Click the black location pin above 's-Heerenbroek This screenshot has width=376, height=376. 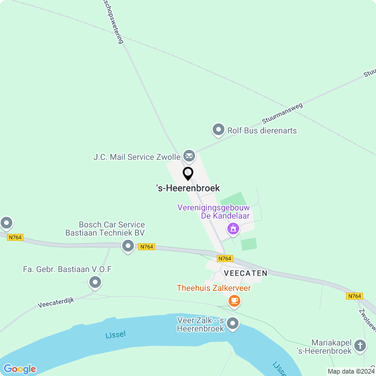click(x=188, y=173)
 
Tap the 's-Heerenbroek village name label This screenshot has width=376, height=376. click(x=188, y=188)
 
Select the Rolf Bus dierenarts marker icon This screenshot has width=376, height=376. click(x=219, y=130)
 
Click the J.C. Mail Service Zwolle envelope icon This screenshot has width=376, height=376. click(x=189, y=156)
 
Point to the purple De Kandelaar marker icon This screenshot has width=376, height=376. click(x=233, y=229)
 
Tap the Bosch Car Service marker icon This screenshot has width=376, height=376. click(x=128, y=247)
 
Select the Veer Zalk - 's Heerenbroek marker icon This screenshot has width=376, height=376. click(x=233, y=324)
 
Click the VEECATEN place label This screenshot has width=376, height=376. click(x=246, y=273)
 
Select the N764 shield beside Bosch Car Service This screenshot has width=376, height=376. click(x=147, y=247)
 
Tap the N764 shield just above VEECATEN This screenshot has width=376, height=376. click(x=225, y=258)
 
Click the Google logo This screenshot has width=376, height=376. click(x=19, y=369)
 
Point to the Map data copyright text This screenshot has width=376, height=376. click(x=351, y=371)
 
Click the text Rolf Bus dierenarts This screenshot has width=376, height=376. click(x=262, y=130)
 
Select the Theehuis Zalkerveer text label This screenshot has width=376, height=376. click(x=214, y=288)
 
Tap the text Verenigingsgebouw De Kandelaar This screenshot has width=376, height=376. click(x=214, y=211)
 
